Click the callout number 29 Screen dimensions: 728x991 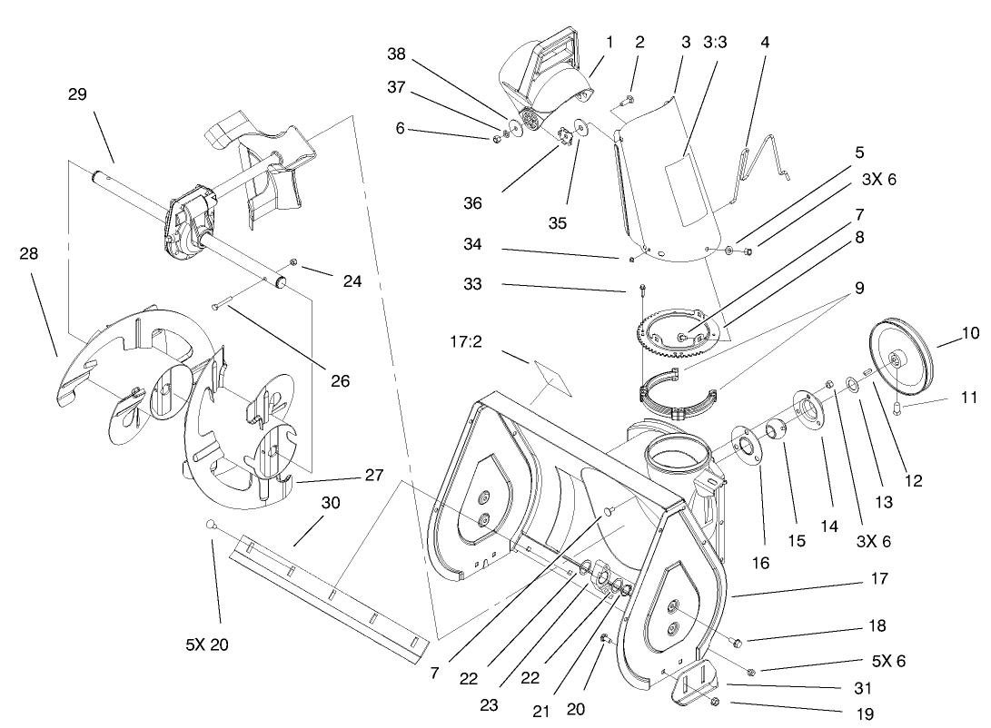(77, 94)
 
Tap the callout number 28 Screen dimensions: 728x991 (29, 254)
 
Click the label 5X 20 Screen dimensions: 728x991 (207, 645)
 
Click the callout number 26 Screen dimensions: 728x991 (340, 381)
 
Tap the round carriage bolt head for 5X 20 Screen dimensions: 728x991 (210, 524)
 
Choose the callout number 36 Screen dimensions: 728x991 (472, 203)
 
